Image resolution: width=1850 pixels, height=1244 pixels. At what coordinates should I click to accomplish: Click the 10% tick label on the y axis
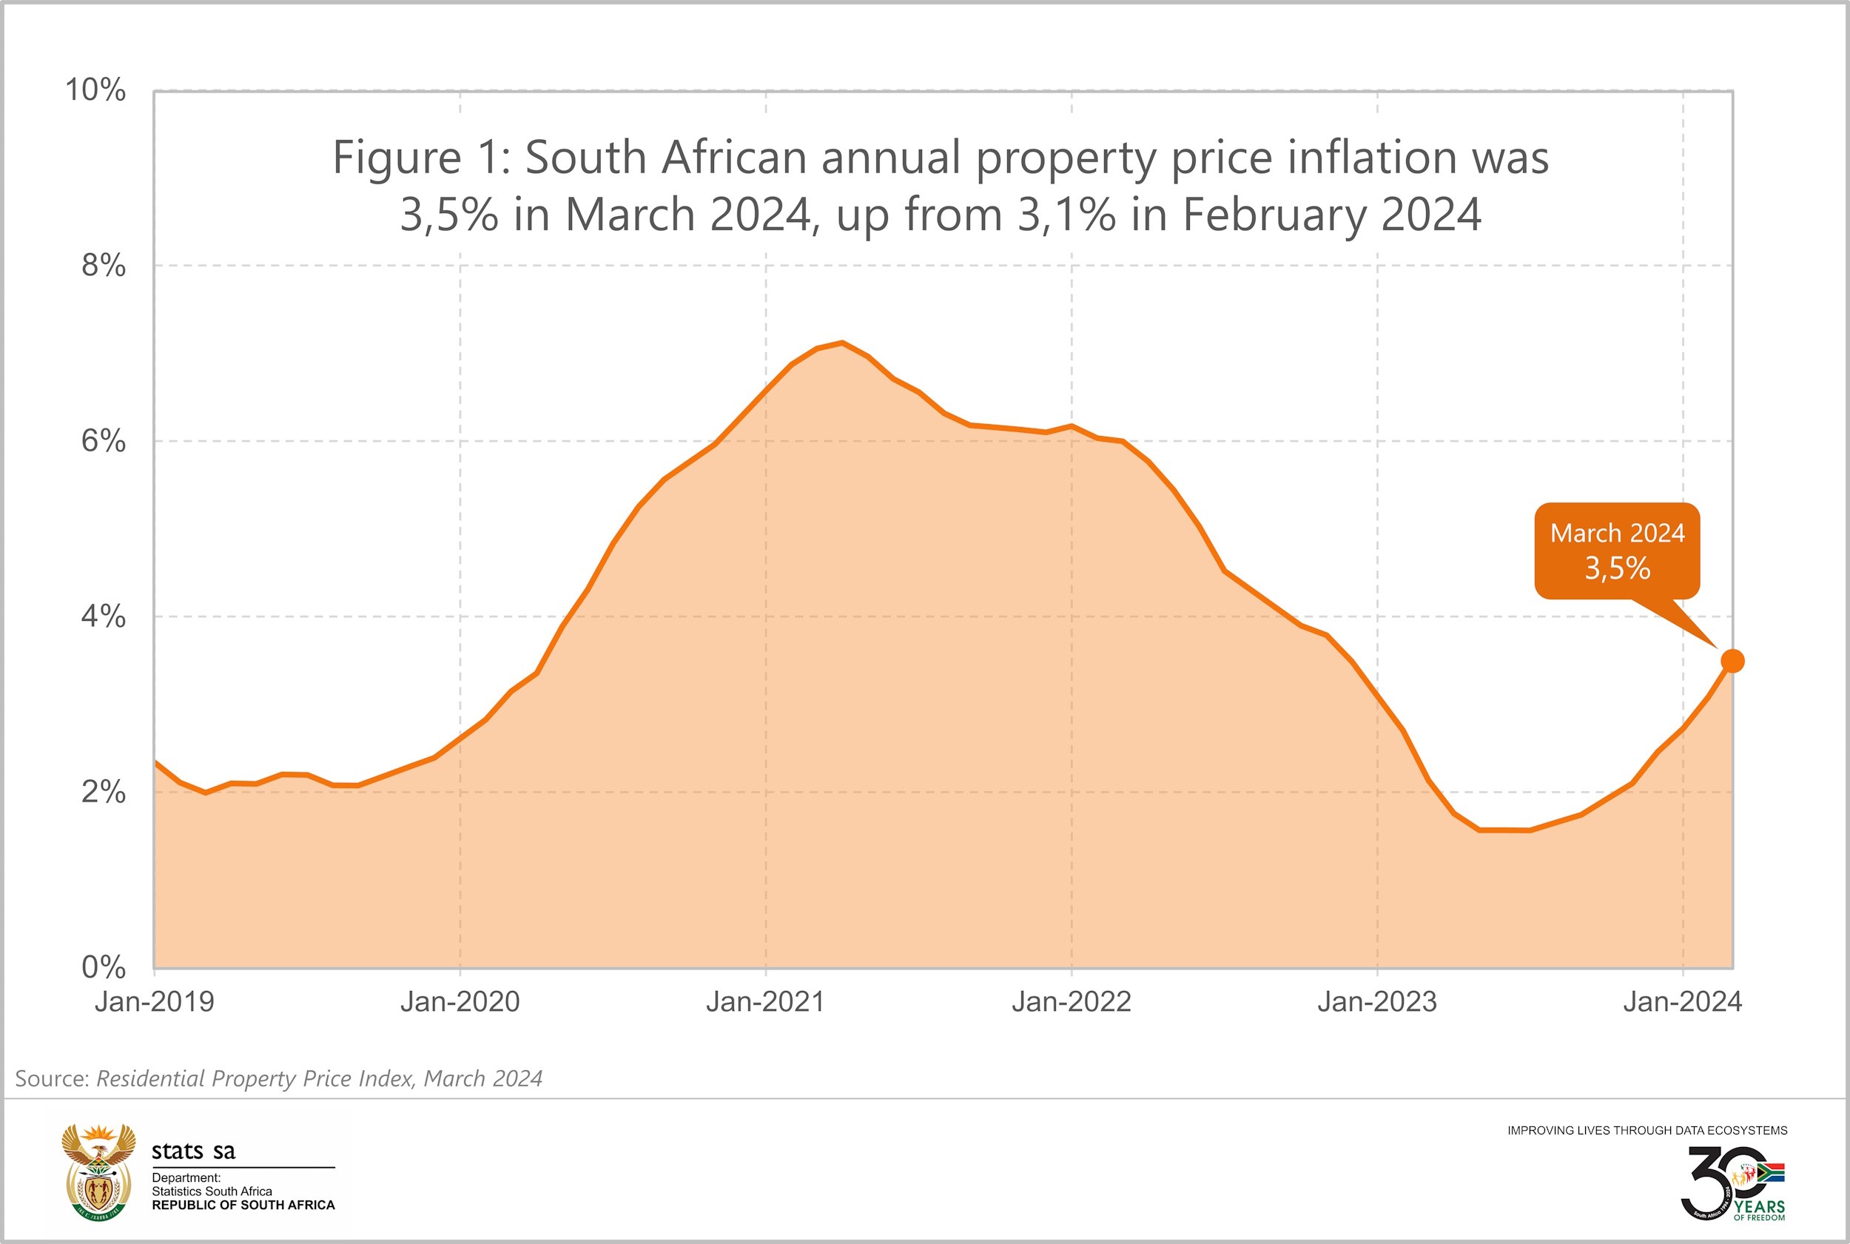(x=95, y=90)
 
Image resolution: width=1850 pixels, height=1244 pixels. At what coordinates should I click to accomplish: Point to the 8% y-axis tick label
(x=103, y=265)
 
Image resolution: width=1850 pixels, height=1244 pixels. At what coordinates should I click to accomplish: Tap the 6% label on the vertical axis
(x=103, y=440)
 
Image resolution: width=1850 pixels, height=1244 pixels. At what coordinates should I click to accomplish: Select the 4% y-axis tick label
(x=103, y=616)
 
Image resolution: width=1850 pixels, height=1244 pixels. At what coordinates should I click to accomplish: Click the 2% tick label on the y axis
(x=103, y=792)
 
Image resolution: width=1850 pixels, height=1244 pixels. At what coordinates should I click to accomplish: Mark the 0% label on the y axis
(x=103, y=967)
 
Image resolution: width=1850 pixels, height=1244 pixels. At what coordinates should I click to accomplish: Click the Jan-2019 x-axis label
(x=155, y=1002)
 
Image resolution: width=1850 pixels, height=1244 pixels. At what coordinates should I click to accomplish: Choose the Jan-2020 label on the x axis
(x=460, y=1002)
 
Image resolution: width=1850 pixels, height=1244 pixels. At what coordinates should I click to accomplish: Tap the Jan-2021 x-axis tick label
(x=766, y=1002)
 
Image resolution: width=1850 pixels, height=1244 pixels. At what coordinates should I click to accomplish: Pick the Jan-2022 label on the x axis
(x=1071, y=1002)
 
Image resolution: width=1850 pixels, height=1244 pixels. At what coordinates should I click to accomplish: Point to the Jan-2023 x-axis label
(x=1377, y=1002)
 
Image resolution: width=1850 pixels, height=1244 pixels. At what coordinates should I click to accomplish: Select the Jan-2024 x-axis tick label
(x=1683, y=1002)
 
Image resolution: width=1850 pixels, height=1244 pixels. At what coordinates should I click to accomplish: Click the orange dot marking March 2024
(x=1732, y=661)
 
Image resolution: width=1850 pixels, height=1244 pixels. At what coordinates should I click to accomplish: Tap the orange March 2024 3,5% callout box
(x=1617, y=551)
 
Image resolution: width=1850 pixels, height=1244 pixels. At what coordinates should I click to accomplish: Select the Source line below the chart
(x=278, y=1079)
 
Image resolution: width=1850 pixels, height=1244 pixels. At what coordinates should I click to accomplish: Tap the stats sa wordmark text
(x=194, y=1151)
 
